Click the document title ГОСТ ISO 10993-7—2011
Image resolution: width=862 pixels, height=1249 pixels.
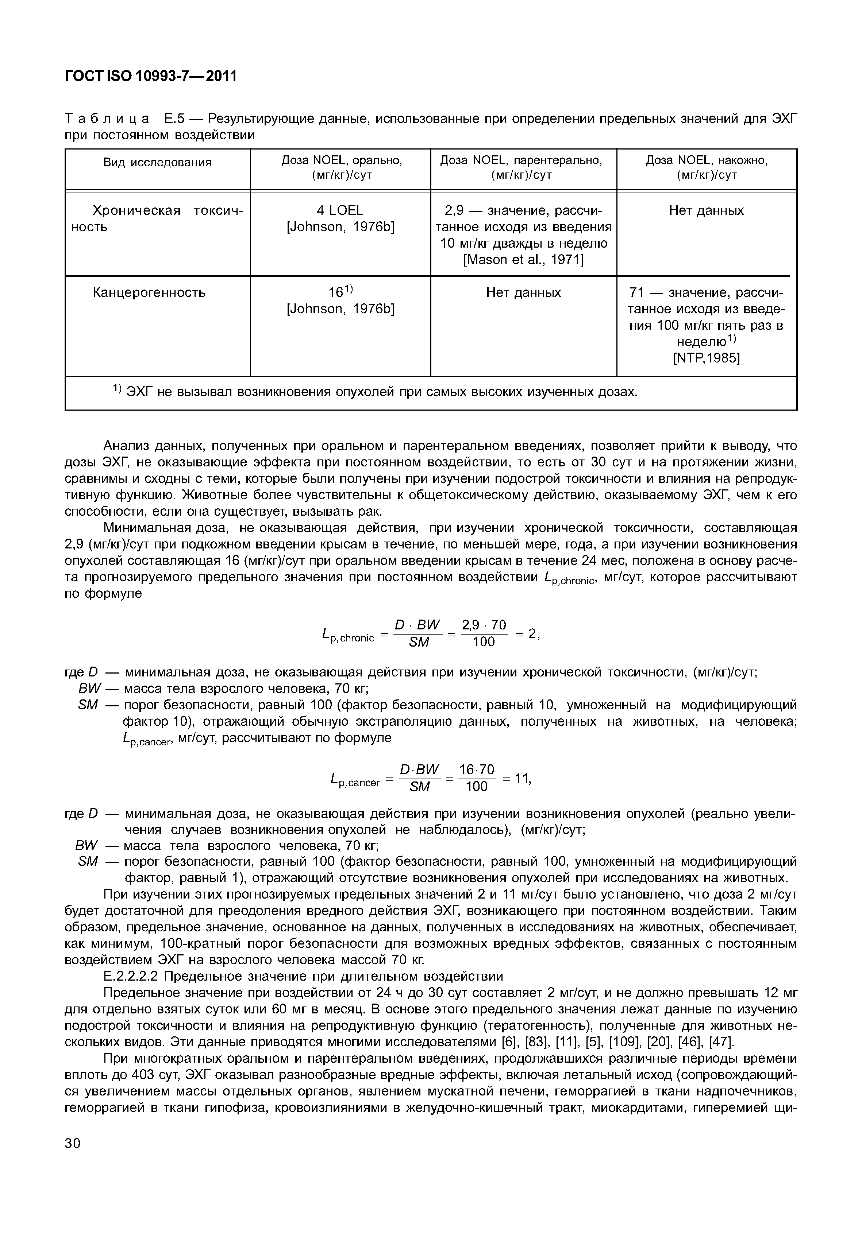[151, 76]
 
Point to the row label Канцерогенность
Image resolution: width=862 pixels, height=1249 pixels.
[149, 292]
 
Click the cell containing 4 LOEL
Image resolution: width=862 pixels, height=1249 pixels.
[340, 210]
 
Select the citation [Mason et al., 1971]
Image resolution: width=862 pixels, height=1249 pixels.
[523, 260]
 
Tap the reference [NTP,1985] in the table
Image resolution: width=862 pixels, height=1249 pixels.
[707, 358]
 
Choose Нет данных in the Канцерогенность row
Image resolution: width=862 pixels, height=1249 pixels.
[523, 292]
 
